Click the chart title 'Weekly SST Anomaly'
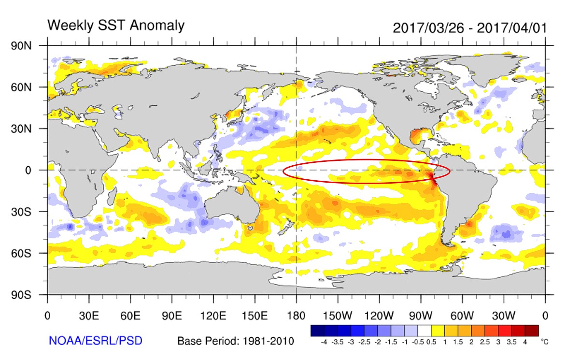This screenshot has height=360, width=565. tap(115, 25)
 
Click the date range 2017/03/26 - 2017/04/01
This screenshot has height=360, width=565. tap(470, 27)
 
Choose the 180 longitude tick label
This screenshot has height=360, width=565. tap(296, 317)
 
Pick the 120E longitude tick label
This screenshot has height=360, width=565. tap(213, 317)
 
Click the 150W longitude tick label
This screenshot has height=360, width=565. tap(338, 317)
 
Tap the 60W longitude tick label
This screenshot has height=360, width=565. tap(462, 317)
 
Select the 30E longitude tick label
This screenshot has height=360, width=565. tap(89, 317)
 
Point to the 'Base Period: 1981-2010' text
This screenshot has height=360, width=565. tap(236, 341)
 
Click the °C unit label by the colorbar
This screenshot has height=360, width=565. tap(545, 342)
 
